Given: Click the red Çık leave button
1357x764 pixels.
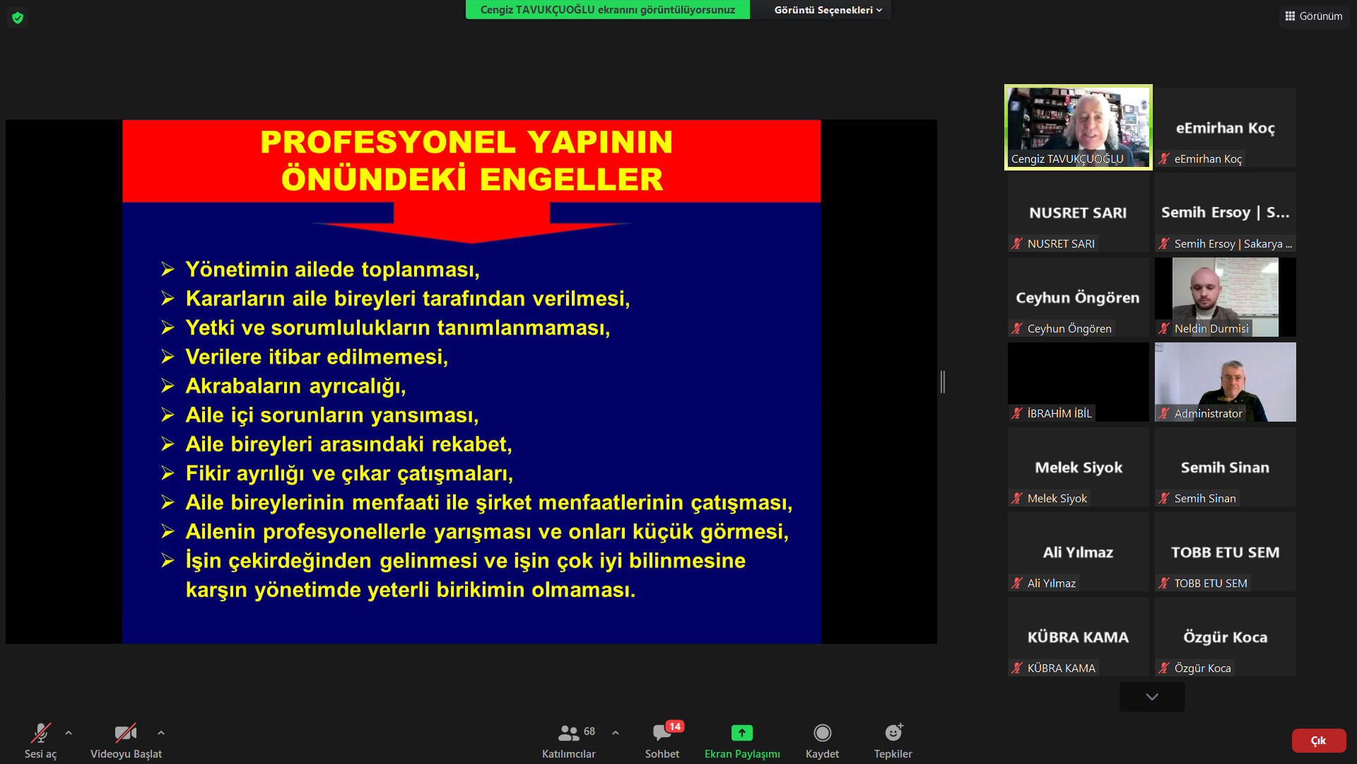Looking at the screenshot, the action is click(1319, 741).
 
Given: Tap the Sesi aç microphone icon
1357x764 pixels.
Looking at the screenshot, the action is click(41, 733).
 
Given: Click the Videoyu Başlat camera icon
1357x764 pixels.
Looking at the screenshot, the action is click(126, 733).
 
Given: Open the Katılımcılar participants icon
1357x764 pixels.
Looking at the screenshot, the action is click(568, 733).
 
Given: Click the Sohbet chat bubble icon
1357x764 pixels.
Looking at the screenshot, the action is click(662, 733).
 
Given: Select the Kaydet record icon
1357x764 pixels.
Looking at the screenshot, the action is click(823, 733).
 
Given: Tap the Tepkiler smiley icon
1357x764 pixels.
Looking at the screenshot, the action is click(893, 733).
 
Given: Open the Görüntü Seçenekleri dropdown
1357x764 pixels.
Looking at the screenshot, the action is click(828, 10).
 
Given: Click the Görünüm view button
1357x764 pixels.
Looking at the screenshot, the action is click(1314, 16).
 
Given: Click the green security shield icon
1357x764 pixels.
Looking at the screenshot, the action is click(18, 18).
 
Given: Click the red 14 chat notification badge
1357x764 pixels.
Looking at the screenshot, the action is click(675, 727).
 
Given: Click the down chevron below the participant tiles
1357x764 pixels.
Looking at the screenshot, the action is click(1152, 697).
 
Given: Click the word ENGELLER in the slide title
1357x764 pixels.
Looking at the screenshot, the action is click(572, 179).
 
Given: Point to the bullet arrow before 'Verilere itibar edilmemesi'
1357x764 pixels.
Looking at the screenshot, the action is click(168, 357).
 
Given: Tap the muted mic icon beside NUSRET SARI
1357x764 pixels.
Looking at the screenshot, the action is click(1017, 243).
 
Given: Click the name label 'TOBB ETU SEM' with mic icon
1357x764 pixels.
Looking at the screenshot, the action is click(1203, 583).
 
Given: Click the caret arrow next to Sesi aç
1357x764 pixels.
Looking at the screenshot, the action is click(69, 733).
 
